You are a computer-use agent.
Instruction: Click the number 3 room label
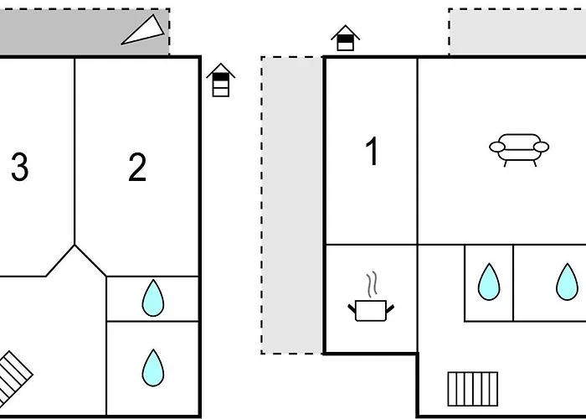19,168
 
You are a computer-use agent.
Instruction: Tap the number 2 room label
137,168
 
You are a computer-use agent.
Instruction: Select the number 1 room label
372,153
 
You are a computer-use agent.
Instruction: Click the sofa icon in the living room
519,148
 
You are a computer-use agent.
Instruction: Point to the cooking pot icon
370,310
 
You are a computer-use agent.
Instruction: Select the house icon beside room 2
220,80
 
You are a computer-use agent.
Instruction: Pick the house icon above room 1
345,39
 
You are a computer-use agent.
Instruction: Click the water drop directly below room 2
152,298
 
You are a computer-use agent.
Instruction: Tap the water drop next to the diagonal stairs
152,367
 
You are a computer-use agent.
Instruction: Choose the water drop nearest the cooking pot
489,282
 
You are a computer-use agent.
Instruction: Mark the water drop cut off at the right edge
567,282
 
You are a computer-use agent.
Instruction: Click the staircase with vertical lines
473,388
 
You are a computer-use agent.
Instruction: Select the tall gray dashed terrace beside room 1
292,205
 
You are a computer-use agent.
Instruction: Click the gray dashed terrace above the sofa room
517,32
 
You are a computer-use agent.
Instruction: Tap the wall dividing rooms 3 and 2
75,151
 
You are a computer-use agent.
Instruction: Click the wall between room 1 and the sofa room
417,151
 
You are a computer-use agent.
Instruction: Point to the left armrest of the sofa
497,147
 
